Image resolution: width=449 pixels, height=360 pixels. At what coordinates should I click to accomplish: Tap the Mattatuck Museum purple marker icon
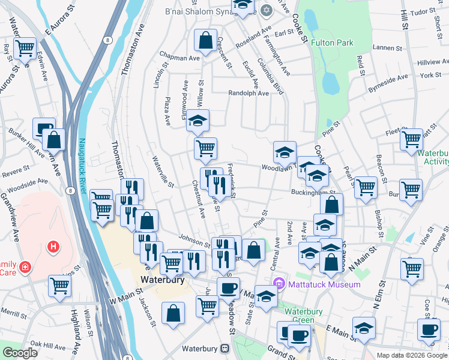(278, 284)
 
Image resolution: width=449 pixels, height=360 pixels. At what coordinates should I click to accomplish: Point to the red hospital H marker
(53, 247)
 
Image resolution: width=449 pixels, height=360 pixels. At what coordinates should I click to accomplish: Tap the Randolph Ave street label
(249, 93)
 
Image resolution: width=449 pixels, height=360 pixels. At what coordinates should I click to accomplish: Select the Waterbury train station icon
(224, 348)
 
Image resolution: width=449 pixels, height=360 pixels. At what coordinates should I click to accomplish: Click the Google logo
(20, 353)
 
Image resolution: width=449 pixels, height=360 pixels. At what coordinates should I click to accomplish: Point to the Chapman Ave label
(178, 59)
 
